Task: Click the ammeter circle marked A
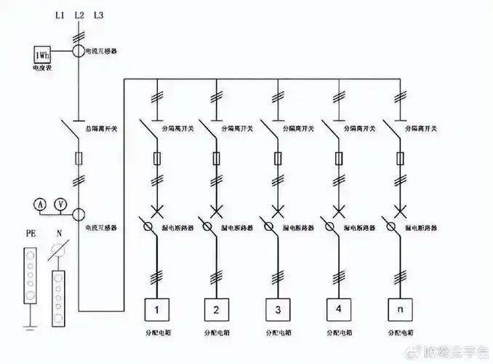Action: (42, 205)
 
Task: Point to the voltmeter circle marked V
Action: (61, 205)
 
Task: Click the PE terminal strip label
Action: (31, 235)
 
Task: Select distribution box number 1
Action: (156, 309)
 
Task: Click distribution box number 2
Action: (215, 309)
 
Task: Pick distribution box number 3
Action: (277, 309)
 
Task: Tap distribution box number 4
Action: (338, 309)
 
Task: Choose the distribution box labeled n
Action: (398, 309)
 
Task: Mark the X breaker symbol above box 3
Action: (277, 212)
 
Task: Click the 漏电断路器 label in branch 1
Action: (177, 227)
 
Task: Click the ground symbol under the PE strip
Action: (29, 321)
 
